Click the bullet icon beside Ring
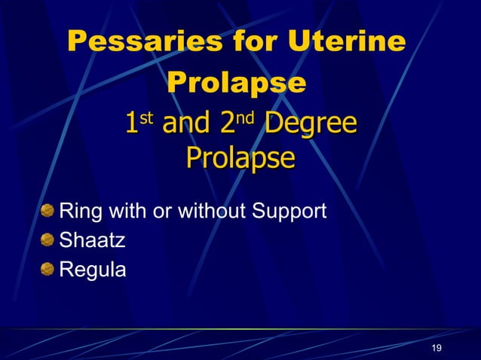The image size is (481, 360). [x=47, y=211]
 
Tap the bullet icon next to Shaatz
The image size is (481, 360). [x=47, y=239]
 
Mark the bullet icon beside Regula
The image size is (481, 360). [x=47, y=268]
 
